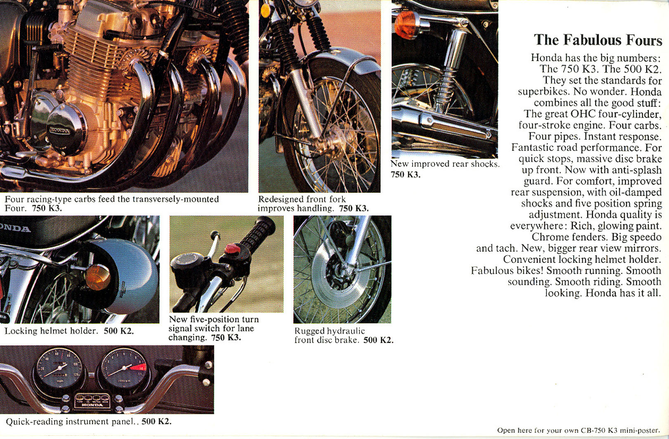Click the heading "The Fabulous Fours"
pyautogui.click(x=598, y=40)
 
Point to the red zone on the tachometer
pyautogui.click(x=138, y=368)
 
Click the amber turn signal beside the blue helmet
pyautogui.click(x=97, y=277)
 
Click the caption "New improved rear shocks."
pyautogui.click(x=445, y=164)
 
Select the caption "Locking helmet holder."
pyautogui.click(x=51, y=331)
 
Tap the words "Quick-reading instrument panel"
pyautogui.click(x=70, y=422)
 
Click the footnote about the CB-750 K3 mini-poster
pyautogui.click(x=578, y=430)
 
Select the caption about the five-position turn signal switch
pyautogui.click(x=214, y=328)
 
